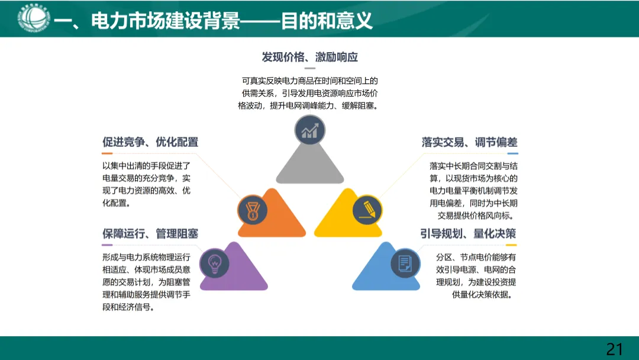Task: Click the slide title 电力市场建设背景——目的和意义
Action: [213, 21]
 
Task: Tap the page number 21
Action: [615, 349]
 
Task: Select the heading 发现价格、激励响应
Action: [309, 57]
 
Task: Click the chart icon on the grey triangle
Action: [310, 131]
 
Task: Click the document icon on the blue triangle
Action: [405, 262]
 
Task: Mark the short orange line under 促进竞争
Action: [107, 153]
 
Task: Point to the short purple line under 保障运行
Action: [107, 245]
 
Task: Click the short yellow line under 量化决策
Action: [511, 245]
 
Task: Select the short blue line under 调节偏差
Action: [512, 153]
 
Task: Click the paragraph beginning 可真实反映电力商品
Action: [309, 93]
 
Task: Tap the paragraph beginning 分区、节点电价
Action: [476, 275]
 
